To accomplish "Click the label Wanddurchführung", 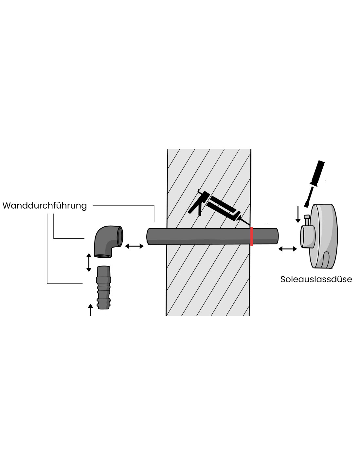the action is point(45,206).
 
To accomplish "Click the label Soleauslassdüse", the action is point(316,279).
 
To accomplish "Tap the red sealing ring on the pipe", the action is point(252,236).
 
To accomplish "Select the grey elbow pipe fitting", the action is point(108,241).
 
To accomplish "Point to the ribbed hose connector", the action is point(104,287).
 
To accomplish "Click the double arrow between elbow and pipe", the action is point(134,246).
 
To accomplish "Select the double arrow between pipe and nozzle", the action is point(287,249).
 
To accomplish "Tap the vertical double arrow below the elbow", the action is point(89,262).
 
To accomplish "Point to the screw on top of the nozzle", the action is point(307,220).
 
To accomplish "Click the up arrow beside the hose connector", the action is point(90,310).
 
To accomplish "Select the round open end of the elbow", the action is point(120,237).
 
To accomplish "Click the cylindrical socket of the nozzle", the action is point(308,236).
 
